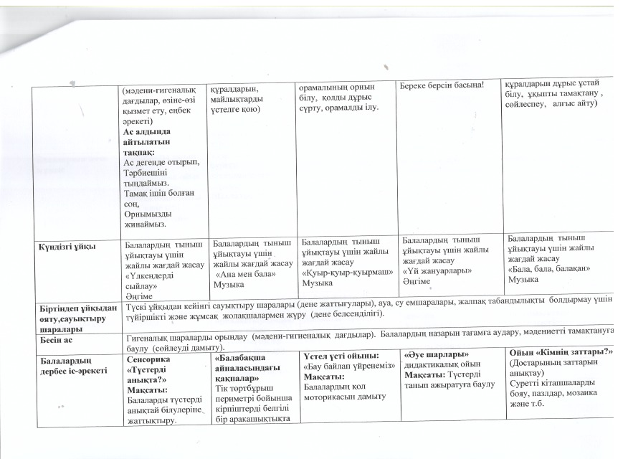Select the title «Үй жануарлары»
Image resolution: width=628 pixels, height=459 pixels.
(437, 271)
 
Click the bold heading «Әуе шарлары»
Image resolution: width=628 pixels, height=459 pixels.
(437, 354)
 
